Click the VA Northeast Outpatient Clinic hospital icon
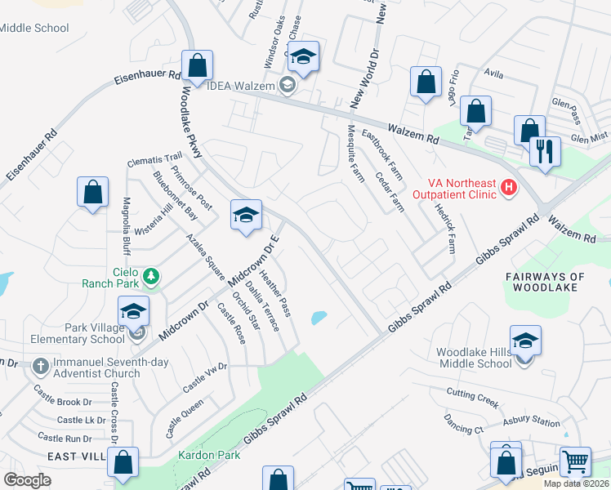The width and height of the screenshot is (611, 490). [x=510, y=188]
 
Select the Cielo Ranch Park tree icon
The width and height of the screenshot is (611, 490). [x=150, y=277]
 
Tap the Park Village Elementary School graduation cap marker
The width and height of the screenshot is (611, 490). [x=133, y=311]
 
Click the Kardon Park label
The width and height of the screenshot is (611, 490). [x=210, y=454]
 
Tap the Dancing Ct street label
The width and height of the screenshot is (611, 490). [x=463, y=425]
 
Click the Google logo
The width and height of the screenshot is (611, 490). [x=27, y=479]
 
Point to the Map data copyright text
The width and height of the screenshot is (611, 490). [x=577, y=483]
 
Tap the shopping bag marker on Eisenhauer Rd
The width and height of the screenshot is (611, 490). [x=198, y=65]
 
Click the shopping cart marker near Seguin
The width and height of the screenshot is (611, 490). [x=575, y=461]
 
